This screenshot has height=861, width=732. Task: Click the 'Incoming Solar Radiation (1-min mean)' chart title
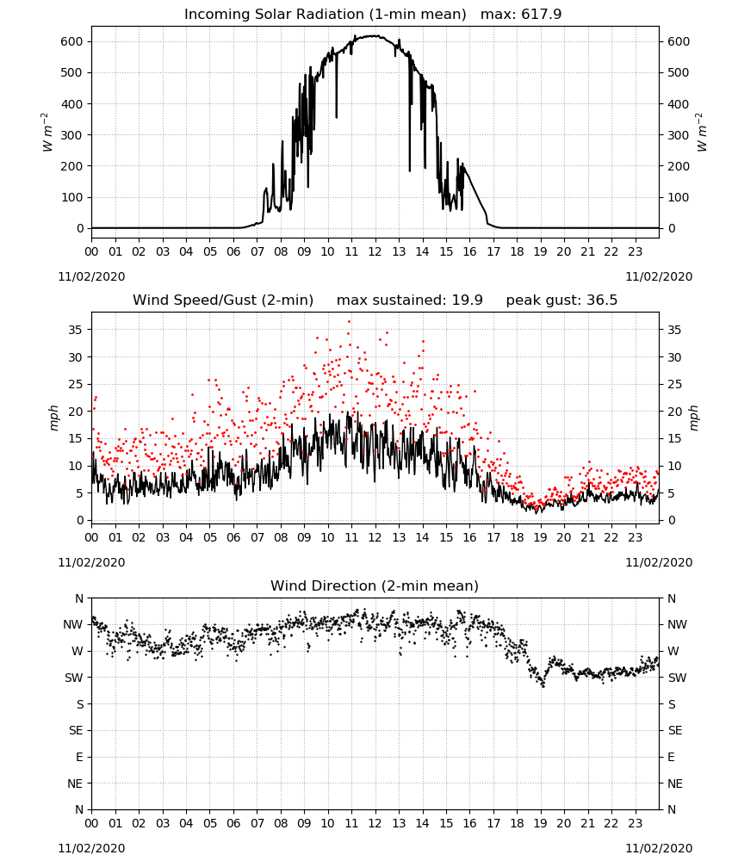point(325,15)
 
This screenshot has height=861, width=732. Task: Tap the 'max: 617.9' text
point(521,15)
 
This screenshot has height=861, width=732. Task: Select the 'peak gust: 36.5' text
point(561,300)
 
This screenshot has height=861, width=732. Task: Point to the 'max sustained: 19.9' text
point(410,300)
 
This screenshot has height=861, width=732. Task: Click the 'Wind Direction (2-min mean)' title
point(375,585)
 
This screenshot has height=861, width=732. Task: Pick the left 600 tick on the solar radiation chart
point(72,41)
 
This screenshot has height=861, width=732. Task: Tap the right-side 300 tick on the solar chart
point(679,135)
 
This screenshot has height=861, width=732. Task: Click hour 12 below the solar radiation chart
point(375,252)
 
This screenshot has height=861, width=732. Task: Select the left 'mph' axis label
point(53,418)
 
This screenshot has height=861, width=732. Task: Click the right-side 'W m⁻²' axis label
point(702,133)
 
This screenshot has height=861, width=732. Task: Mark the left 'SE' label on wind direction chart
point(76,731)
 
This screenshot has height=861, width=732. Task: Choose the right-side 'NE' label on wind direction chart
point(675,784)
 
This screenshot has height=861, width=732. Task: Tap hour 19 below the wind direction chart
point(540,823)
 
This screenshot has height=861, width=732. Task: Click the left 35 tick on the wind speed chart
point(76,330)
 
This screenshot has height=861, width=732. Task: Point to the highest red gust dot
point(350,322)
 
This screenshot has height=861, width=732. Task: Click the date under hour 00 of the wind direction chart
point(91,848)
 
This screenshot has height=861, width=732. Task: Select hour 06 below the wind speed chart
point(233,537)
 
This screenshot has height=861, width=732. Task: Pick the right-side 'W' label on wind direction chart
point(673,651)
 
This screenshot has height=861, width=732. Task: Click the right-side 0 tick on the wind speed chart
point(672,521)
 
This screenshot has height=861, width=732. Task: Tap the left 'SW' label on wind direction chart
point(73,678)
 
